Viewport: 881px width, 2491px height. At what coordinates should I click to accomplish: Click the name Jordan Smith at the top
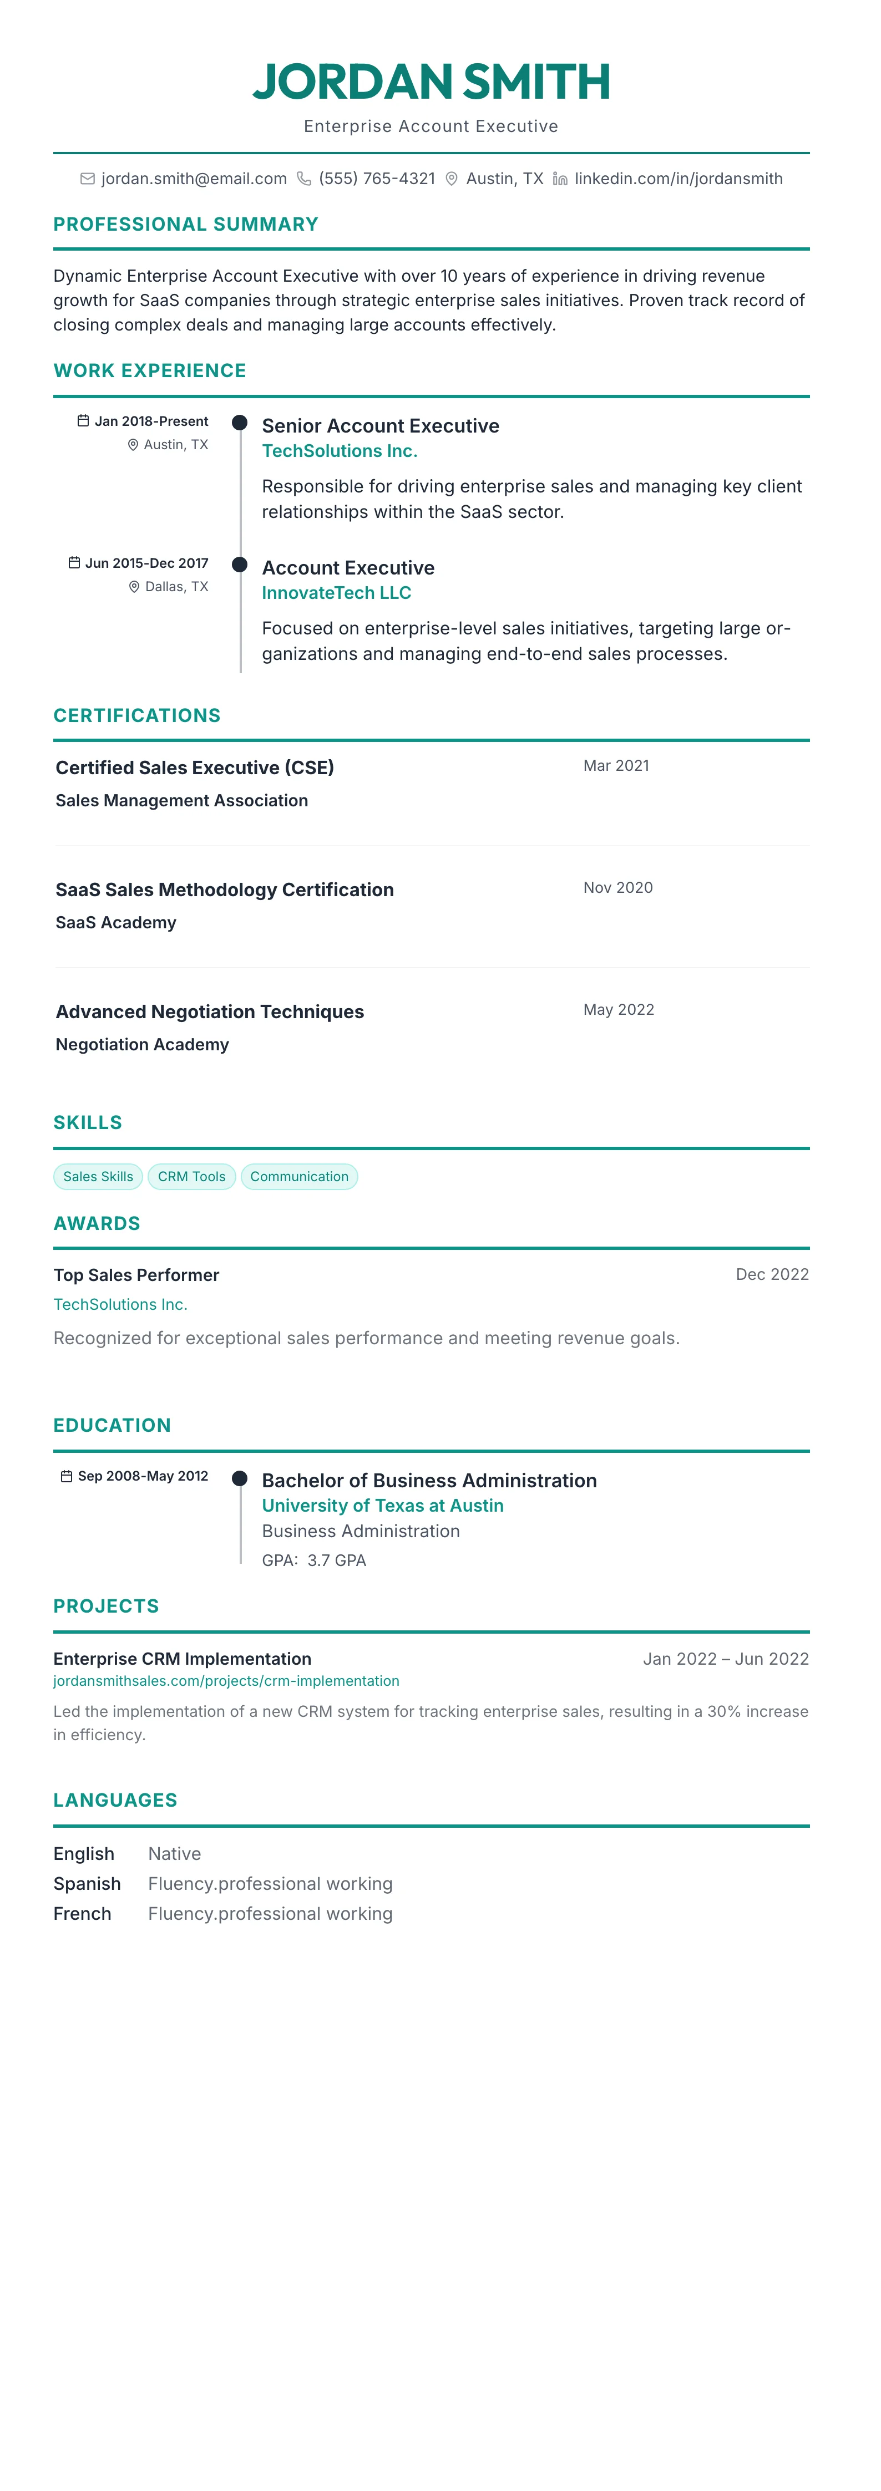pos(431,81)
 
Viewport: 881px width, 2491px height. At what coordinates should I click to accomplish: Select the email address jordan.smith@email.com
pos(194,179)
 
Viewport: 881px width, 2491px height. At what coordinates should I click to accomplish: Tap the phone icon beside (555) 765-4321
pos(303,179)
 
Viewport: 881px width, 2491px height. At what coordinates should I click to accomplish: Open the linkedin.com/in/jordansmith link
pos(678,179)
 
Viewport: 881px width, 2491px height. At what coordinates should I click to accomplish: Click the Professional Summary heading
pos(186,225)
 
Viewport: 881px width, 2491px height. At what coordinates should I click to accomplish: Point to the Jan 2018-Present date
pos(151,421)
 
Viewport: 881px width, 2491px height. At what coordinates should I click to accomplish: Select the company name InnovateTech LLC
pos(337,593)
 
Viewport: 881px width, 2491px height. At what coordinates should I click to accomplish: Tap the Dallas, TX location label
pos(176,587)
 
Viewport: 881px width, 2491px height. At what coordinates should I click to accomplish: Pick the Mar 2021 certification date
pos(616,766)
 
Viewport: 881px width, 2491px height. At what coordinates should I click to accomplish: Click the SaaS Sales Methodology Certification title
pos(224,889)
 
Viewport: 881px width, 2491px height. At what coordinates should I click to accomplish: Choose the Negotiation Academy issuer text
pos(142,1044)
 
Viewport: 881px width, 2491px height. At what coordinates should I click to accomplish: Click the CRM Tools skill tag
pos(191,1177)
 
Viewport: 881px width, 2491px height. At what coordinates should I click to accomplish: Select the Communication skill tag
pos(299,1177)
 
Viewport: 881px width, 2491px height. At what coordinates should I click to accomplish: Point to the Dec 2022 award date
pos(772,1274)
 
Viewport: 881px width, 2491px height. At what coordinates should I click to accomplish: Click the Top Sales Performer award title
pos(136,1275)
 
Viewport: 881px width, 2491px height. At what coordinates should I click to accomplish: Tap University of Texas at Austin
pos(382,1506)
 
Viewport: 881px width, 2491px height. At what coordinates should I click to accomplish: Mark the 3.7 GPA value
pos(337,1560)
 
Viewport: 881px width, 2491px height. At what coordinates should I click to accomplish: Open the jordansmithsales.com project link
pos(226,1681)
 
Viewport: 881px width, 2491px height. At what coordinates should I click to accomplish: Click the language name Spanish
pos(87,1884)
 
